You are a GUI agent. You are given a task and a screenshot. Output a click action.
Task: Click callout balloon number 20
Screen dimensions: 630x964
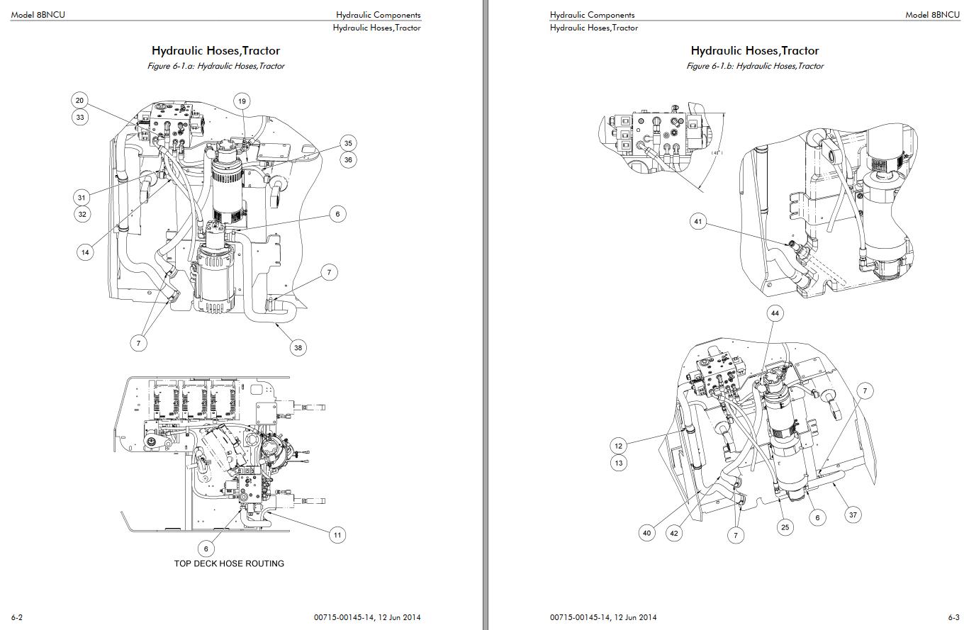pos(80,101)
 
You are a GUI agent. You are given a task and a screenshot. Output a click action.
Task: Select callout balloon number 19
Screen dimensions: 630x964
pos(242,101)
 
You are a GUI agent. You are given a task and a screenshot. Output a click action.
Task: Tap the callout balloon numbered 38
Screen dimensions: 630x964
pos(298,347)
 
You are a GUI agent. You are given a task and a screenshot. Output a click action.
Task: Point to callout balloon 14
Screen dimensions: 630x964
pos(85,252)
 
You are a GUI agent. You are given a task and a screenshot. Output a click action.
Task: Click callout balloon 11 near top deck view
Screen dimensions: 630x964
pos(337,535)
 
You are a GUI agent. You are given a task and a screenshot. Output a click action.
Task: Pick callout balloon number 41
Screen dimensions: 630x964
pos(699,222)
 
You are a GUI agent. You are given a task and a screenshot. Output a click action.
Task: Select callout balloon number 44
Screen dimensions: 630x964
pos(775,313)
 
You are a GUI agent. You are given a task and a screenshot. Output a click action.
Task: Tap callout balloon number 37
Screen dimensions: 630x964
pos(853,515)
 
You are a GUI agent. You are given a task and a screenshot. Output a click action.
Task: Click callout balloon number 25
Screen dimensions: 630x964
pos(785,527)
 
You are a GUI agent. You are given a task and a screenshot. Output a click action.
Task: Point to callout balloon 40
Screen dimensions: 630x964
pos(646,533)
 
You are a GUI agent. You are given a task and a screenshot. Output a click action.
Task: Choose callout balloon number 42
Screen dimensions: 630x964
pos(674,533)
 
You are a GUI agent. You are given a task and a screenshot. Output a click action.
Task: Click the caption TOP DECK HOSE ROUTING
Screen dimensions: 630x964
pos(229,563)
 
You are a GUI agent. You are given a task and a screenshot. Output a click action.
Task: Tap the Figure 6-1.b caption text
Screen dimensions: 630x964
pos(755,66)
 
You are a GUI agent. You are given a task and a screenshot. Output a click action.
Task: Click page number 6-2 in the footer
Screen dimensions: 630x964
pos(17,617)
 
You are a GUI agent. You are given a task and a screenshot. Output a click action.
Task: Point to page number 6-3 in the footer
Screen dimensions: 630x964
pos(953,617)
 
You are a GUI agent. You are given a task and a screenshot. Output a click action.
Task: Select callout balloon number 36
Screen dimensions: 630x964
pos(348,160)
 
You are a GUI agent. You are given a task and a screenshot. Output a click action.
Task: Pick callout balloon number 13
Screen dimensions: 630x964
pos(619,463)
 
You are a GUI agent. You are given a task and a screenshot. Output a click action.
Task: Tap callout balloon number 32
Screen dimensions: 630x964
pos(83,214)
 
